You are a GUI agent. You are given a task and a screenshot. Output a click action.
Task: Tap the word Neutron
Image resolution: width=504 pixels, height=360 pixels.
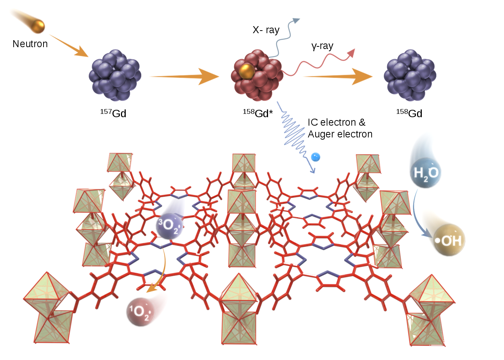(x=30, y=44)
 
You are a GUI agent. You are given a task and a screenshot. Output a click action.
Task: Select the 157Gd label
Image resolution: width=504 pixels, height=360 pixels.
(x=113, y=113)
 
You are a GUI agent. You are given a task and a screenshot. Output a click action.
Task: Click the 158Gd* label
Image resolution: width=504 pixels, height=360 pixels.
(x=258, y=113)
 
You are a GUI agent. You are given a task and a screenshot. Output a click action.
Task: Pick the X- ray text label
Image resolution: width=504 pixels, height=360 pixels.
(x=266, y=30)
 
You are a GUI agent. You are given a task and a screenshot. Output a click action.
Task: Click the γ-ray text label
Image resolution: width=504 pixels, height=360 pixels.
(x=322, y=46)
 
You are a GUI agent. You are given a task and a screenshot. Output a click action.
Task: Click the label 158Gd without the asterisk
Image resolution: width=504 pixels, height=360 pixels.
(x=409, y=113)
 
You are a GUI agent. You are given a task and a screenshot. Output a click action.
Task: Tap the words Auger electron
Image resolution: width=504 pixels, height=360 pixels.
(x=340, y=134)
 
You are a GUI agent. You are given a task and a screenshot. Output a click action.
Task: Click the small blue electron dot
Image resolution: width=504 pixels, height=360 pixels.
(x=315, y=157)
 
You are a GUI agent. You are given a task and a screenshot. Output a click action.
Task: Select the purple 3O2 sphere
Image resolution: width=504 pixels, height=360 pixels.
(x=169, y=225)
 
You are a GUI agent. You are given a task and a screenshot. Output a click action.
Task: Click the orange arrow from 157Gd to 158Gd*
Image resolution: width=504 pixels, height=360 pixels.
(x=184, y=76)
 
